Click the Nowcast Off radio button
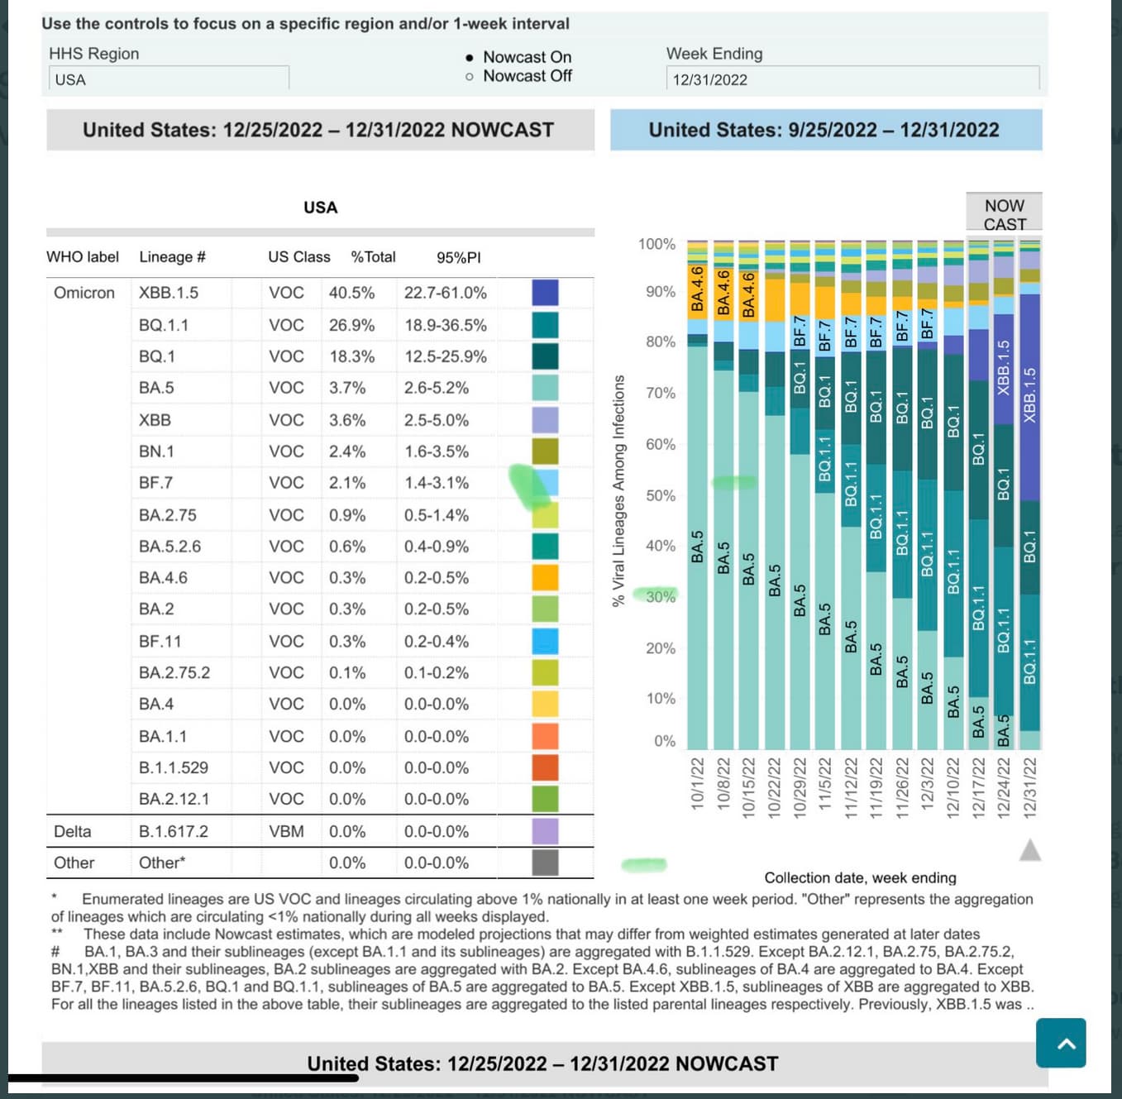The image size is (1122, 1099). point(470,77)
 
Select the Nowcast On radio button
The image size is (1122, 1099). point(470,58)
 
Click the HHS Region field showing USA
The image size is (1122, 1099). point(169,79)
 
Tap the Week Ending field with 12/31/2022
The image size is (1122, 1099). point(852,79)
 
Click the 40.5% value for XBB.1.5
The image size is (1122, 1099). point(351,293)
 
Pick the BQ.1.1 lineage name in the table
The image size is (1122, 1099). point(164,325)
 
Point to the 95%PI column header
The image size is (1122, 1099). point(458,258)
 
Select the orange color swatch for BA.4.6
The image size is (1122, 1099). point(545,577)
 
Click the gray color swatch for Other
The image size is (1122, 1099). point(545,862)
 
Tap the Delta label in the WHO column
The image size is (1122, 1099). point(73,832)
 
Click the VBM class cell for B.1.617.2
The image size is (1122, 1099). point(286,832)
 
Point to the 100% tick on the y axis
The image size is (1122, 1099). point(656,245)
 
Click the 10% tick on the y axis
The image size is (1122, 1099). point(660,699)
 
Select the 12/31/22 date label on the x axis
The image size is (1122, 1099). point(1030,787)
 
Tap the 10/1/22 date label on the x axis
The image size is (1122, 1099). point(697,783)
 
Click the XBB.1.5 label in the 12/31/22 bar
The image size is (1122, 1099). point(1029,395)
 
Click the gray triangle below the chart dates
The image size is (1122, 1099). point(1030,850)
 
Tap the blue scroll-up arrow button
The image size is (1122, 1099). point(1061,1043)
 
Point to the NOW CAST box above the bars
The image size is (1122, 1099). point(1004,214)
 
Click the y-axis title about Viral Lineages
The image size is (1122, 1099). point(618,490)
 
